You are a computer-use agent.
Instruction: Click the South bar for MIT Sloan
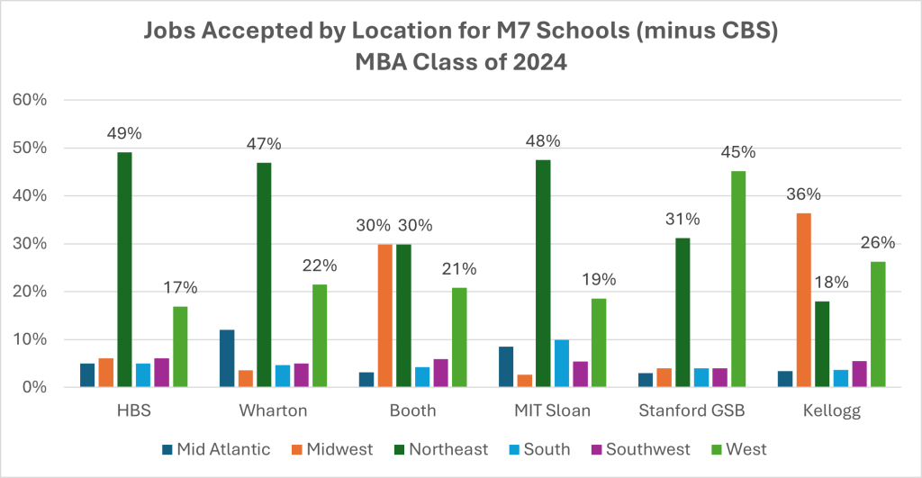tap(536, 364)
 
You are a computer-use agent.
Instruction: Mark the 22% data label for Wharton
tap(320, 266)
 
